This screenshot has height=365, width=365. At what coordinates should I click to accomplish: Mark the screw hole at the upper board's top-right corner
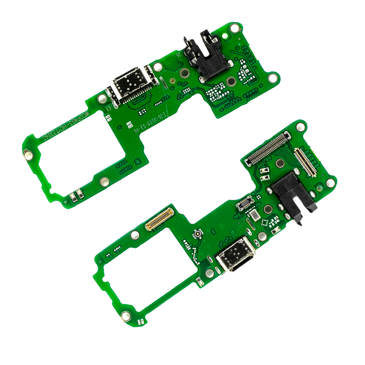click(235, 28)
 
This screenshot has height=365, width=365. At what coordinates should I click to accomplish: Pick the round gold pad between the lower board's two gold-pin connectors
click(280, 163)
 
